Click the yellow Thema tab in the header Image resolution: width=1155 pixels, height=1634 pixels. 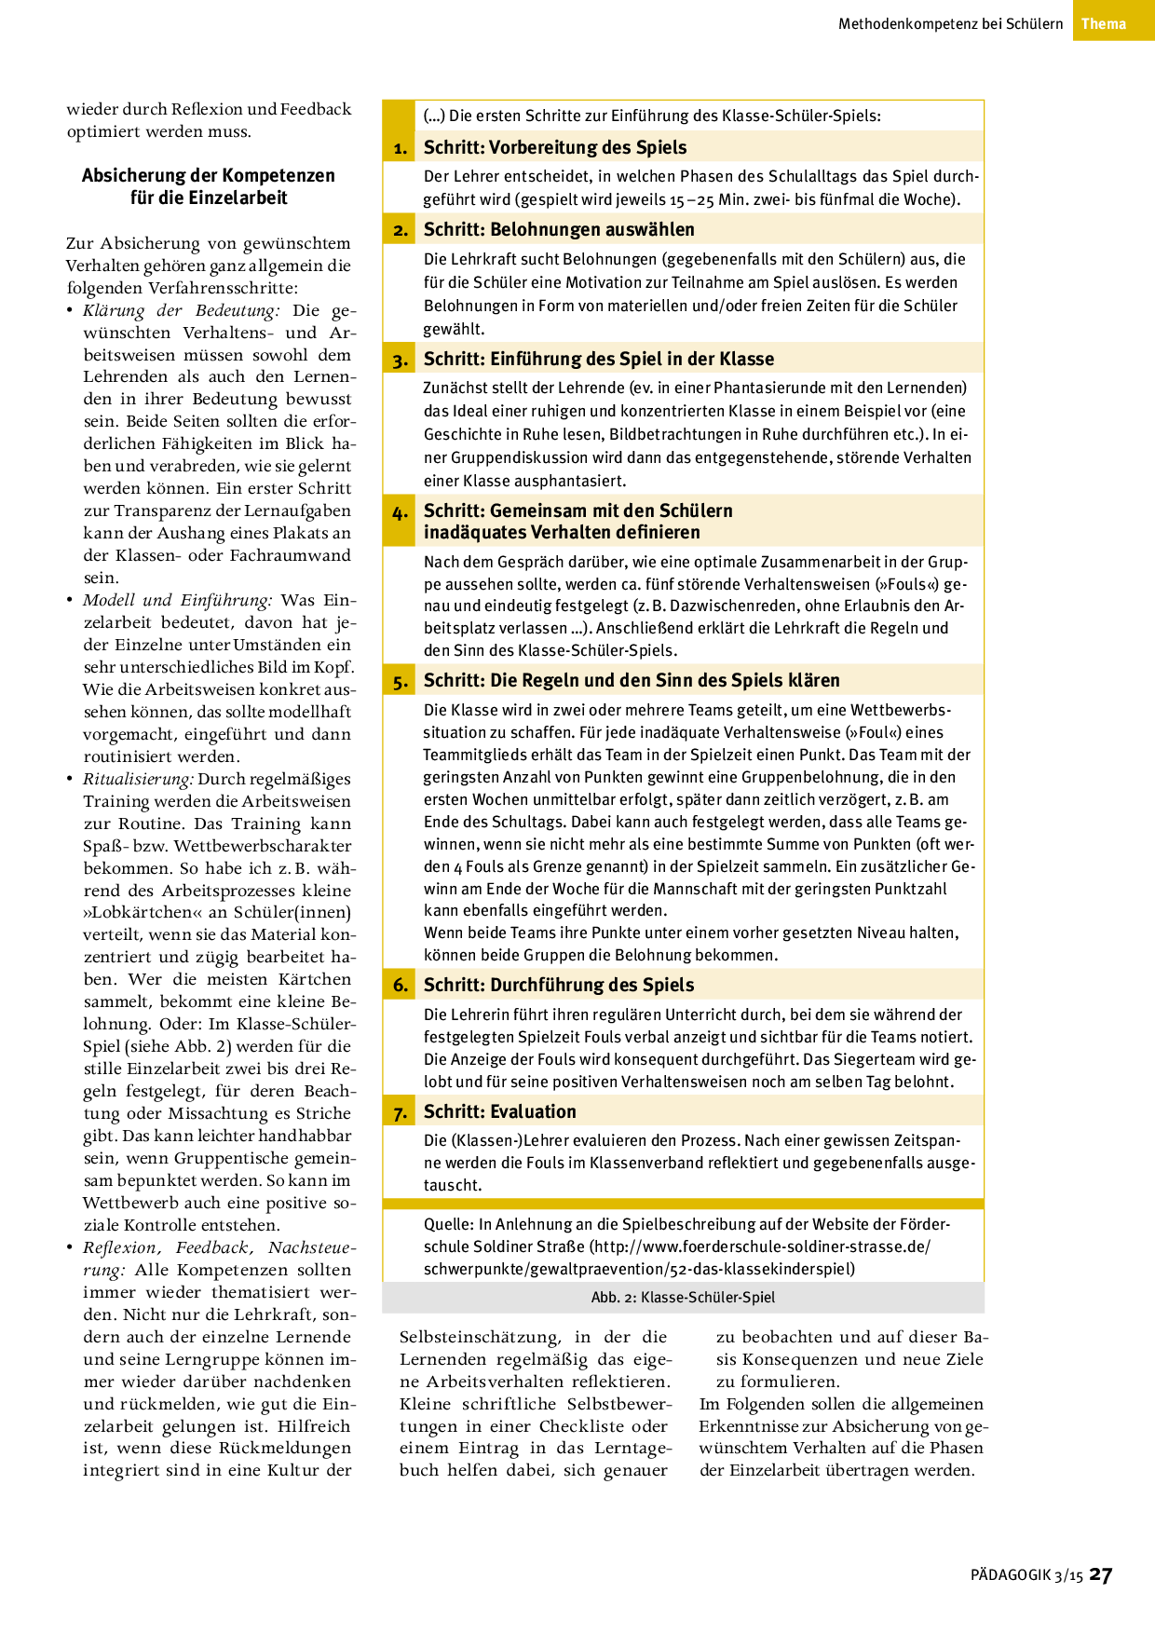click(1104, 23)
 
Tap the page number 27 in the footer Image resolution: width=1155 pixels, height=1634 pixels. click(1101, 1574)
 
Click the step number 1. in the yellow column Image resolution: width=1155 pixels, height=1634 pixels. click(401, 148)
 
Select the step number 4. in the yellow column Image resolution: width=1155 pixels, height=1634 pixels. click(401, 513)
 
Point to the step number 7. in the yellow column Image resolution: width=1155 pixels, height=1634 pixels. click(401, 1112)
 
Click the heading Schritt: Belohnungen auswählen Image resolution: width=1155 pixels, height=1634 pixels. click(559, 229)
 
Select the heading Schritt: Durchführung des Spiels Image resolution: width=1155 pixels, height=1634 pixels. click(559, 985)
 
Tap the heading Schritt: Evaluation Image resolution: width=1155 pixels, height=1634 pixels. click(500, 1111)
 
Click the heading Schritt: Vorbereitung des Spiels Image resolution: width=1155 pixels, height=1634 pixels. click(555, 147)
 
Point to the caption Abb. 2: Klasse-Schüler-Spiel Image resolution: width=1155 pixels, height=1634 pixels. click(683, 1297)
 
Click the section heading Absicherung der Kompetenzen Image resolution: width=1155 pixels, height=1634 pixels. click(209, 175)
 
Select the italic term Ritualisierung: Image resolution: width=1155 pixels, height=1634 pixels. click(138, 779)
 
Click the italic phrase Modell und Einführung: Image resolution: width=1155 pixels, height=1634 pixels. click(177, 600)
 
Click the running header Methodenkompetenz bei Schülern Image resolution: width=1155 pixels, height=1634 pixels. click(950, 24)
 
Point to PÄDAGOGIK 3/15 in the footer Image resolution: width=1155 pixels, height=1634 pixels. click(1026, 1575)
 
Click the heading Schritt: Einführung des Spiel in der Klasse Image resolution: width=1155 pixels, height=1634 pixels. click(599, 359)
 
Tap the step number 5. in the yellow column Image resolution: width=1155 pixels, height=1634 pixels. click(401, 682)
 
